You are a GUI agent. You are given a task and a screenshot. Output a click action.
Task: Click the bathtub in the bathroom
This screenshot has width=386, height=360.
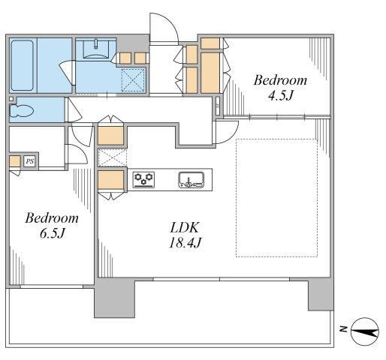(22, 65)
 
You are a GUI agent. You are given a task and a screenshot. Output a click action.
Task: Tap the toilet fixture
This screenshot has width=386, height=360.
(21, 110)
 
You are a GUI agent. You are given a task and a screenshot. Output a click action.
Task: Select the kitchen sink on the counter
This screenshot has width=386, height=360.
(191, 180)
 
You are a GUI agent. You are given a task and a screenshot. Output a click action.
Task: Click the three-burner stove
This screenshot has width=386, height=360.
(143, 180)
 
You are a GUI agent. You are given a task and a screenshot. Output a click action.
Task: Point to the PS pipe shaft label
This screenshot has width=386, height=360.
(30, 161)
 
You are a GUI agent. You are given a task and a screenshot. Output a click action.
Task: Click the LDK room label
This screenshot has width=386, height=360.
(185, 227)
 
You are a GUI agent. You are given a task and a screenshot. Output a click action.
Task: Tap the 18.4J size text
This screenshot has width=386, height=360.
(185, 242)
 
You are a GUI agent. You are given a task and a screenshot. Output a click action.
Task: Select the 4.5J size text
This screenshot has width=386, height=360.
(280, 95)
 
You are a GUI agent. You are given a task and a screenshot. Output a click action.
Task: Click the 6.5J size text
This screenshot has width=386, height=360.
(53, 233)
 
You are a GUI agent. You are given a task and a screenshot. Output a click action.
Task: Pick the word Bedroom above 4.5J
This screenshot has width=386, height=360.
(280, 80)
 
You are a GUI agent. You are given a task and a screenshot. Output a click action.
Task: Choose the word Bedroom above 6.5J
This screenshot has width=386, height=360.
(52, 218)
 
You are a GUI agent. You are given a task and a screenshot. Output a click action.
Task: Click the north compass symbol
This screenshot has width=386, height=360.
(365, 331)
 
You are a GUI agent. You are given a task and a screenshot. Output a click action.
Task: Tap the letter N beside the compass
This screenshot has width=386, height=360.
(344, 329)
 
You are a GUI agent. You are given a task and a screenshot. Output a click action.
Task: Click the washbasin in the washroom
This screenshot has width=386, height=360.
(96, 49)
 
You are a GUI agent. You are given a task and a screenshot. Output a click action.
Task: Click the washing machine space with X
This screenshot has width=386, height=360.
(133, 79)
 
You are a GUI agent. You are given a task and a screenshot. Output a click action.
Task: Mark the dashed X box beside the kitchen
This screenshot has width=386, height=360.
(113, 157)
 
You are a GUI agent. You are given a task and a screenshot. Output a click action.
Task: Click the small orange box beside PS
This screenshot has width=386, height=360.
(15, 161)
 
